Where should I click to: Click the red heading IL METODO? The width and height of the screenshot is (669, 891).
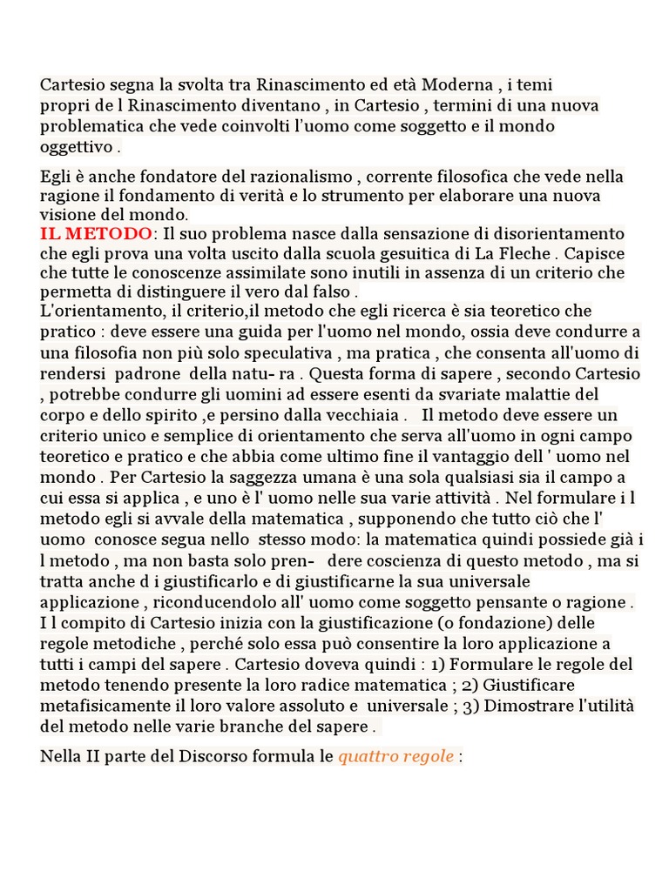click(96, 234)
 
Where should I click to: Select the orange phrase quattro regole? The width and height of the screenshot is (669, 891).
click(396, 756)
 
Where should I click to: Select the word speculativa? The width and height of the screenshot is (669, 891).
click(287, 353)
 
